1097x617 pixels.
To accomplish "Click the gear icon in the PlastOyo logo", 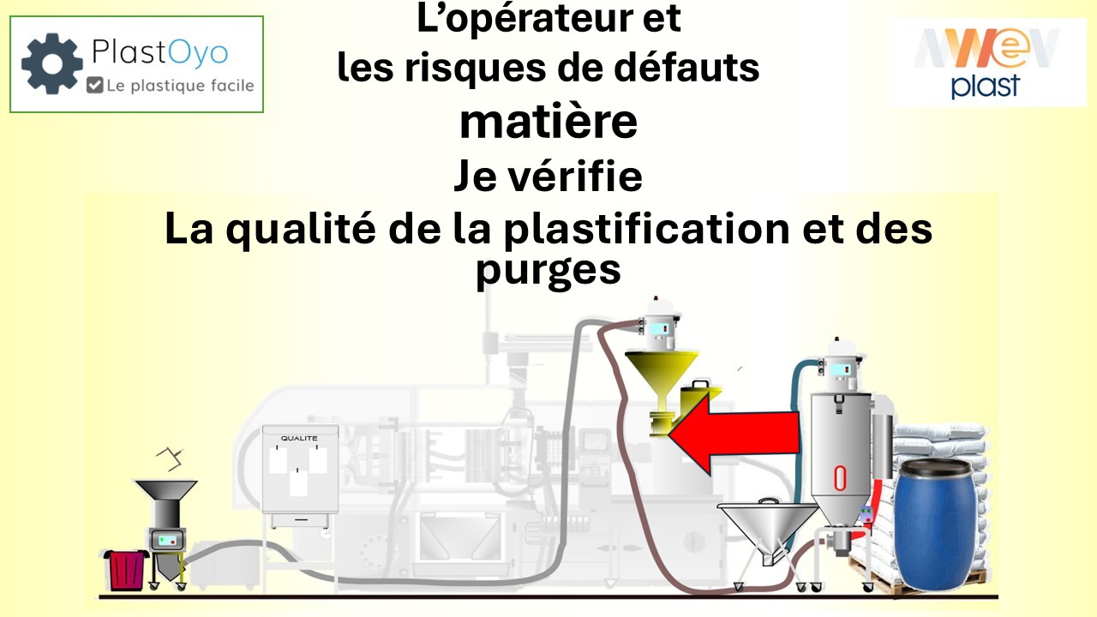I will (51, 63).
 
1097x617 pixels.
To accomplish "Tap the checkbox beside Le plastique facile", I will (95, 85).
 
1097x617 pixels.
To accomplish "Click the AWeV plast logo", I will (987, 62).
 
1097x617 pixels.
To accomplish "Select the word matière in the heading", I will (548, 122).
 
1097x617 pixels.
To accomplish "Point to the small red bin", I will (126, 567).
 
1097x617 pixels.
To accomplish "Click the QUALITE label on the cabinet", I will (299, 438).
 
